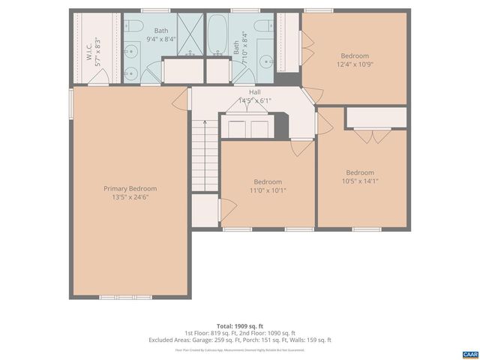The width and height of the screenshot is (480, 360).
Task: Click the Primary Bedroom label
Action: coord(130,188)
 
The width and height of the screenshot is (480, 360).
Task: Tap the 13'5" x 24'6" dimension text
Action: coord(130,197)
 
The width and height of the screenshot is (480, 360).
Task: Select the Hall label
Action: coord(255,91)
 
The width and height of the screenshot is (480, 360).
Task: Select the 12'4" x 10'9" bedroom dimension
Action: coord(355,65)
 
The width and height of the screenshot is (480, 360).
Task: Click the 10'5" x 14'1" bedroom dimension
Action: coord(360,181)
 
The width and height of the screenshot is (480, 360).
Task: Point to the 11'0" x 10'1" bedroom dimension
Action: coord(268,190)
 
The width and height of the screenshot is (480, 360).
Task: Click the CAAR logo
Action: coord(469,352)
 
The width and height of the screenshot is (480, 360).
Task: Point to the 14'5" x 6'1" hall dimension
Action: coord(255,100)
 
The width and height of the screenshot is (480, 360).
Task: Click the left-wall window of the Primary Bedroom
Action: coord(71,103)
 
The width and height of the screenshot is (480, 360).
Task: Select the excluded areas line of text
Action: coord(240,340)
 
